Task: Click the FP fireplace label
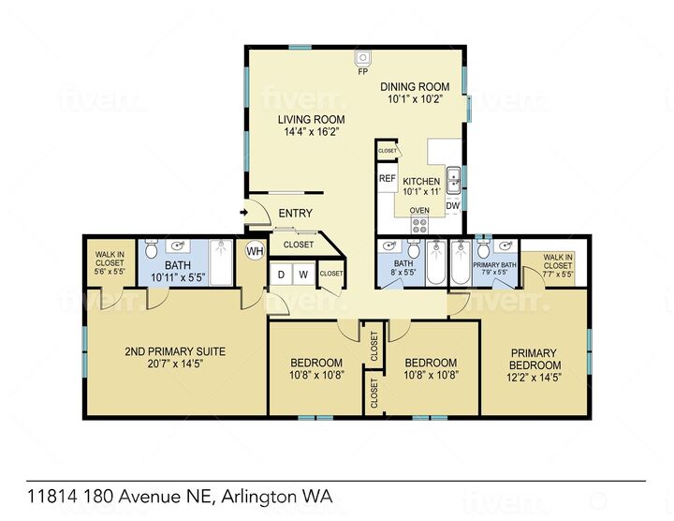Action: (362, 69)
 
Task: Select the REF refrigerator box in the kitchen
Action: (387, 178)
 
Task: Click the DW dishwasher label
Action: (452, 205)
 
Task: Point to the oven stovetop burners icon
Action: (420, 225)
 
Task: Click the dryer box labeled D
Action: (280, 274)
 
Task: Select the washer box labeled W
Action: (303, 274)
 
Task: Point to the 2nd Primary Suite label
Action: (175, 351)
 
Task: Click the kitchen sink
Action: (453, 177)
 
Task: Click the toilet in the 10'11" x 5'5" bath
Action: (175, 248)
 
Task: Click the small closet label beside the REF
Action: (387, 151)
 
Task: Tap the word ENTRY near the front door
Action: (295, 214)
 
